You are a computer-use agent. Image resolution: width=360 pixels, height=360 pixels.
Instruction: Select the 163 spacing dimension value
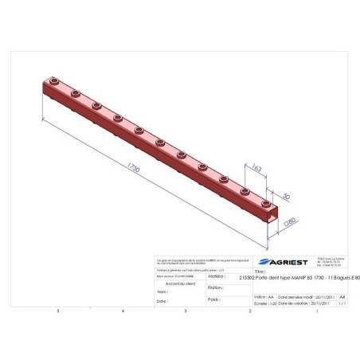(256, 168)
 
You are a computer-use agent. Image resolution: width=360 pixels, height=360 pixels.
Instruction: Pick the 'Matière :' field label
(217, 276)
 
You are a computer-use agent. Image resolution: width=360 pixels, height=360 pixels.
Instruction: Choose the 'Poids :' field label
(213, 300)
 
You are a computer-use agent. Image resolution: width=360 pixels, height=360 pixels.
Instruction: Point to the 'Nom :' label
(162, 292)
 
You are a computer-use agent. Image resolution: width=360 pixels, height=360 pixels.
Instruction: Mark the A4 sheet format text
(342, 295)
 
